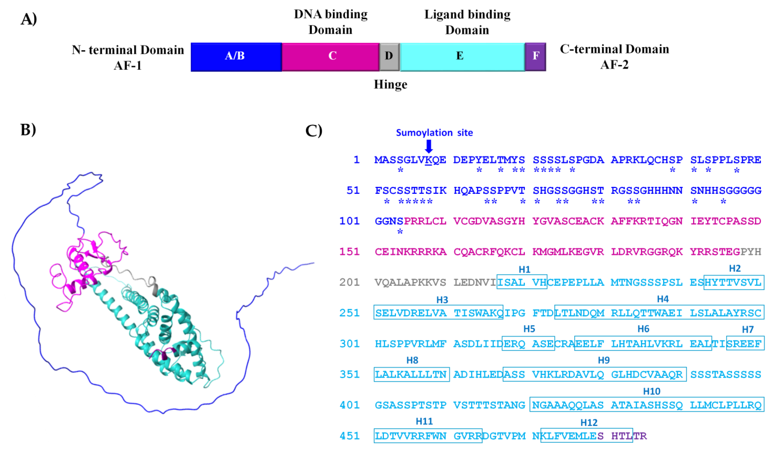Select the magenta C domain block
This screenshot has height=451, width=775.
[x=331, y=57]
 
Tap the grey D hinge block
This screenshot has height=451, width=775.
[x=389, y=57]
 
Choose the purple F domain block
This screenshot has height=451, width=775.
[x=535, y=57]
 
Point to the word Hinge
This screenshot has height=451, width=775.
[x=390, y=84]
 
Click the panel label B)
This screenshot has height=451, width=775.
[x=28, y=129]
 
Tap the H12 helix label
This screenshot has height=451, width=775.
[x=589, y=422]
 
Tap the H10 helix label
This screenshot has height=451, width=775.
[x=651, y=391]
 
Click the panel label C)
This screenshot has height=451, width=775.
[x=314, y=130]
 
